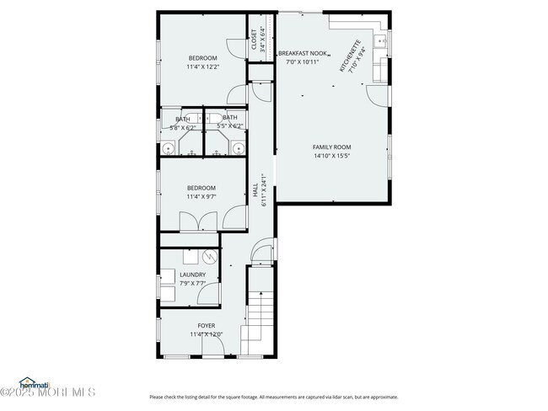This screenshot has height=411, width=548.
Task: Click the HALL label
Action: pos(255,190)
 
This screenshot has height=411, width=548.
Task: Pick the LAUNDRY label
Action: pos(192,275)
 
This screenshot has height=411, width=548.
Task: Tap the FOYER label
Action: pos(207,325)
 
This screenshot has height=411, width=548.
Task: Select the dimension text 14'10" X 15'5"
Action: pos(331,156)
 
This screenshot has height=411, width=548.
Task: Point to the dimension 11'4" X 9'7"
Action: pos(201,196)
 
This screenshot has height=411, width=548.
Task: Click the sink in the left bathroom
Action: pos(169,150)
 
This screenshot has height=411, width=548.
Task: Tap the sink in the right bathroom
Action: pos(238,150)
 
